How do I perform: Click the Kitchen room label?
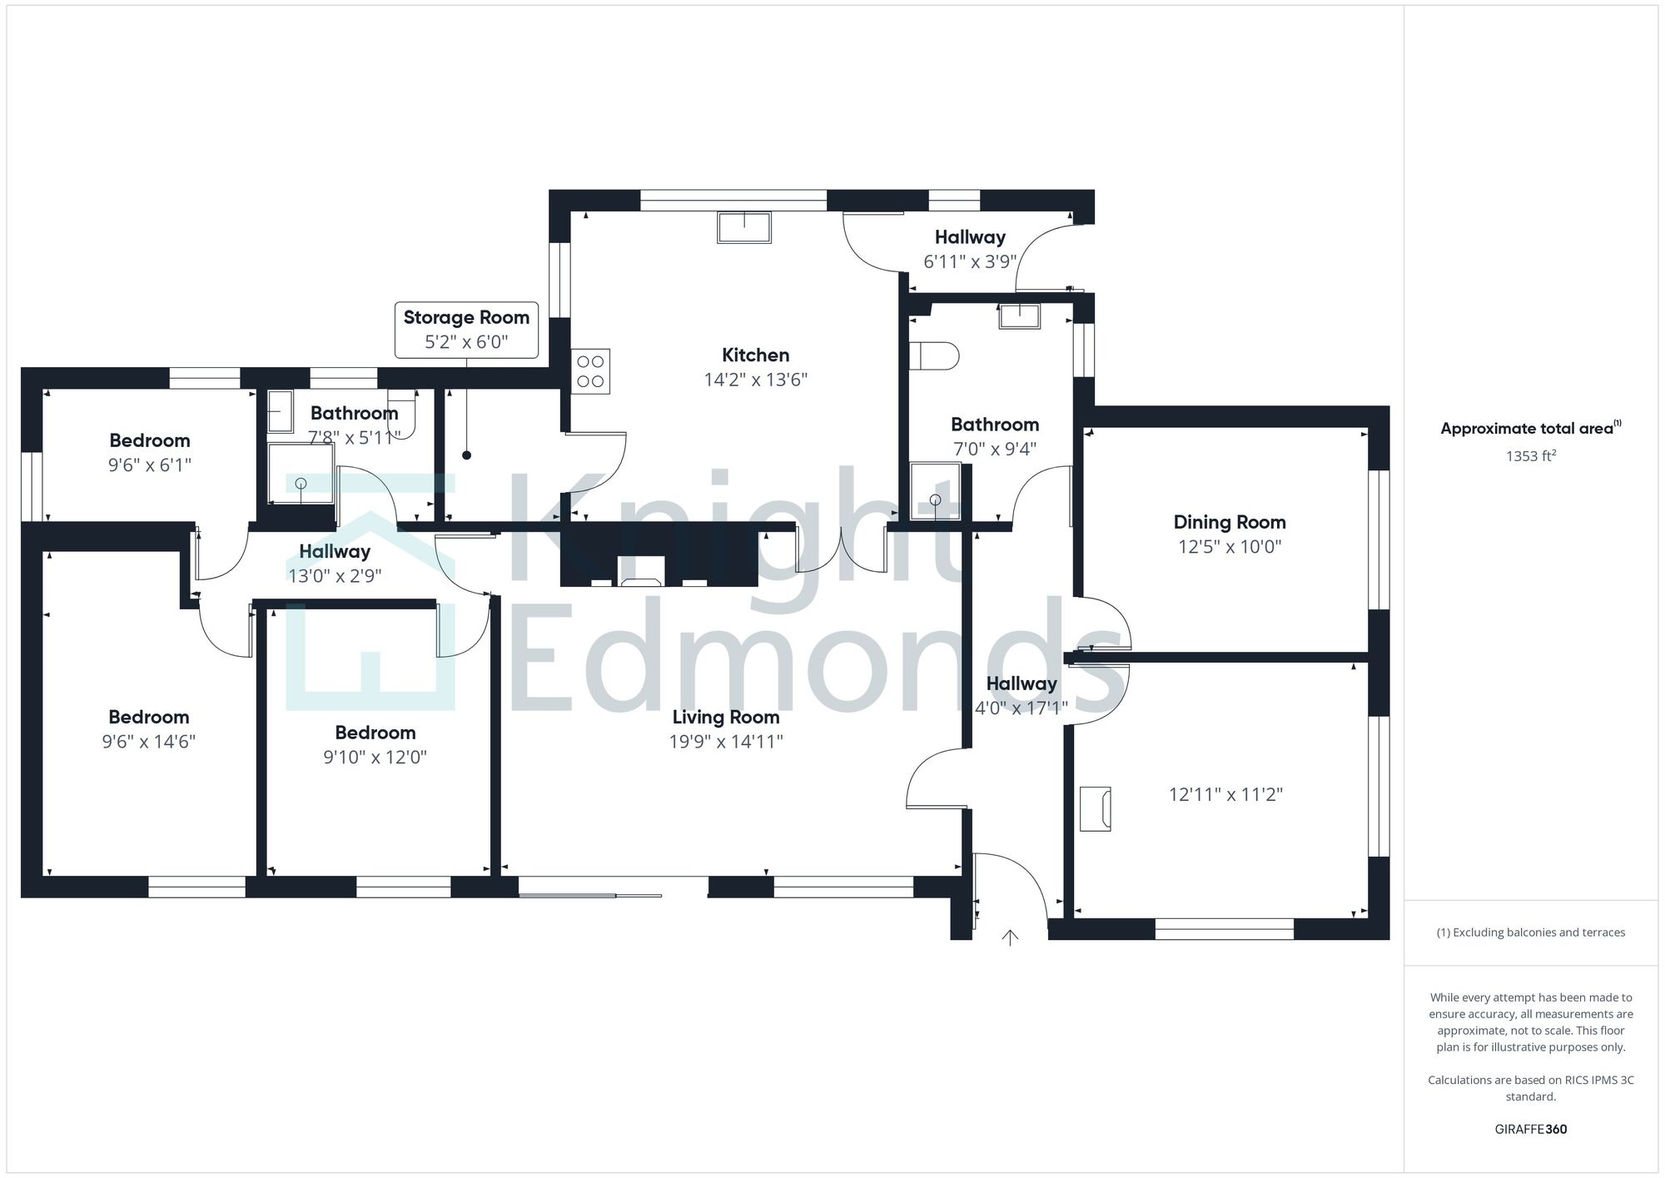[x=755, y=355]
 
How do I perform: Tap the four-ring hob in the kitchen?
[x=590, y=371]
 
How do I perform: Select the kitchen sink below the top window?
[x=744, y=226]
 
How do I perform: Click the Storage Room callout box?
[x=466, y=330]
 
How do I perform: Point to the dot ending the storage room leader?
[x=466, y=455]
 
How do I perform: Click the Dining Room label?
[x=1229, y=523]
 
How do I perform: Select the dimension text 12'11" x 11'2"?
[x=1225, y=794]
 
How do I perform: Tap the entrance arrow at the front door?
[x=1010, y=937]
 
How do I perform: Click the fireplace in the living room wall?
[x=642, y=581]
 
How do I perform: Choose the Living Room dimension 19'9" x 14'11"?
[x=726, y=741]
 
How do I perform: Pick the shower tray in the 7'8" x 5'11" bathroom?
[x=301, y=475]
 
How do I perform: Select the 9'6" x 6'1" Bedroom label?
[x=150, y=441]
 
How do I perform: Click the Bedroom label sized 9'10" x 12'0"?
[x=375, y=733]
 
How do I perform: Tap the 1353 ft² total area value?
[x=1530, y=456]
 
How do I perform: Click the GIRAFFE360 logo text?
[x=1530, y=1129]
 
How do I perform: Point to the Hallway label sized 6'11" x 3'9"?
[x=969, y=237]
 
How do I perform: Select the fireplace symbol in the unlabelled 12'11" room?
[x=1096, y=808]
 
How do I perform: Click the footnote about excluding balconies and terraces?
[x=1530, y=932]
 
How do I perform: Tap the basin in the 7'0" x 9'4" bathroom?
[x=1020, y=316]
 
